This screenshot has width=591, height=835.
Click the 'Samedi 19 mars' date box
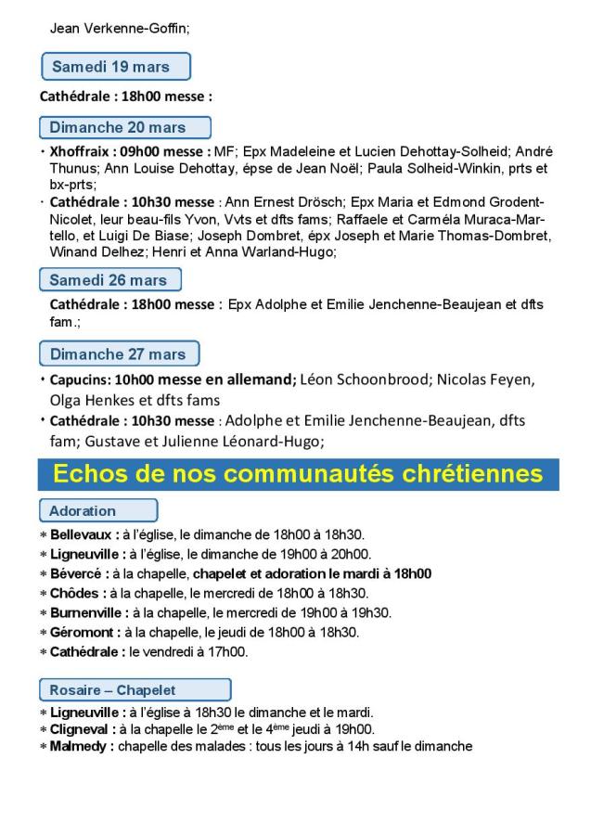[116, 67]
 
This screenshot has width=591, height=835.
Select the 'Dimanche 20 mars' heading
[125, 127]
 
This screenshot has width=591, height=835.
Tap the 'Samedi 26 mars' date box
[110, 280]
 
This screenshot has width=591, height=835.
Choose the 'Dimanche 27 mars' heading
[119, 353]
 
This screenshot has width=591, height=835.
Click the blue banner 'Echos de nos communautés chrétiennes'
[297, 473]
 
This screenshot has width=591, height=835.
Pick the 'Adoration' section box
[97, 510]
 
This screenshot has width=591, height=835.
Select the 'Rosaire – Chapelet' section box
[135, 689]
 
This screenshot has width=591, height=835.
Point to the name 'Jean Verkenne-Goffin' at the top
[118, 29]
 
